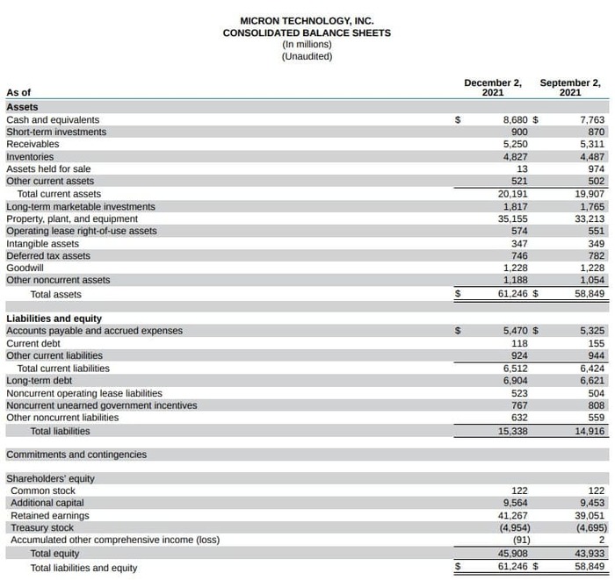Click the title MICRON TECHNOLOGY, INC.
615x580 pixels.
pyautogui.click(x=307, y=20)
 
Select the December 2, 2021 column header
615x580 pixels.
pyautogui.click(x=492, y=88)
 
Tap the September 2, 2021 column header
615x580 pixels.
pyautogui.click(x=570, y=88)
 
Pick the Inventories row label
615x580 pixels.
pyautogui.click(x=30, y=156)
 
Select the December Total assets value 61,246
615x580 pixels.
pyautogui.click(x=512, y=294)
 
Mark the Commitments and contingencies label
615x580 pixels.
pyautogui.click(x=76, y=455)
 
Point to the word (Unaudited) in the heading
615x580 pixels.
pyautogui.click(x=307, y=56)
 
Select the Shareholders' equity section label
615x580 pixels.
pyautogui.click(x=50, y=478)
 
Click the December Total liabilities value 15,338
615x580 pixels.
pyautogui.click(x=512, y=431)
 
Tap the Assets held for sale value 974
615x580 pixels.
pyautogui.click(x=596, y=168)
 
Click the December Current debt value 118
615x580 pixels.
pyautogui.click(x=519, y=343)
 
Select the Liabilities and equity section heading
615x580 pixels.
pyautogui.click(x=54, y=318)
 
